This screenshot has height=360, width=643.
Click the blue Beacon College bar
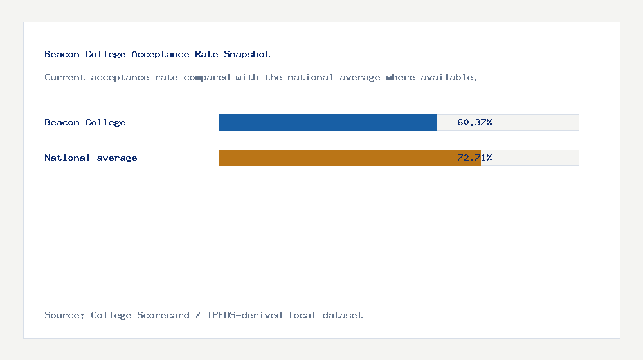pyautogui.click(x=327, y=122)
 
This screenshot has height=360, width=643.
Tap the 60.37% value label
pyautogui.click(x=475, y=122)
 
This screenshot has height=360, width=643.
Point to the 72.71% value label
pyautogui.click(x=475, y=157)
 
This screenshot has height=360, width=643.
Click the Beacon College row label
pyautogui.click(x=85, y=122)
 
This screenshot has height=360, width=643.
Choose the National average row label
pyautogui.click(x=91, y=157)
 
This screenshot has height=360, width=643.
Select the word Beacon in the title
pyautogui.click(x=62, y=55)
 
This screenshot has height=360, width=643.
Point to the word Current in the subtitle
pyautogui.click(x=65, y=77)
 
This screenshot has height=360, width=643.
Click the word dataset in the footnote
pyautogui.click(x=343, y=315)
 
